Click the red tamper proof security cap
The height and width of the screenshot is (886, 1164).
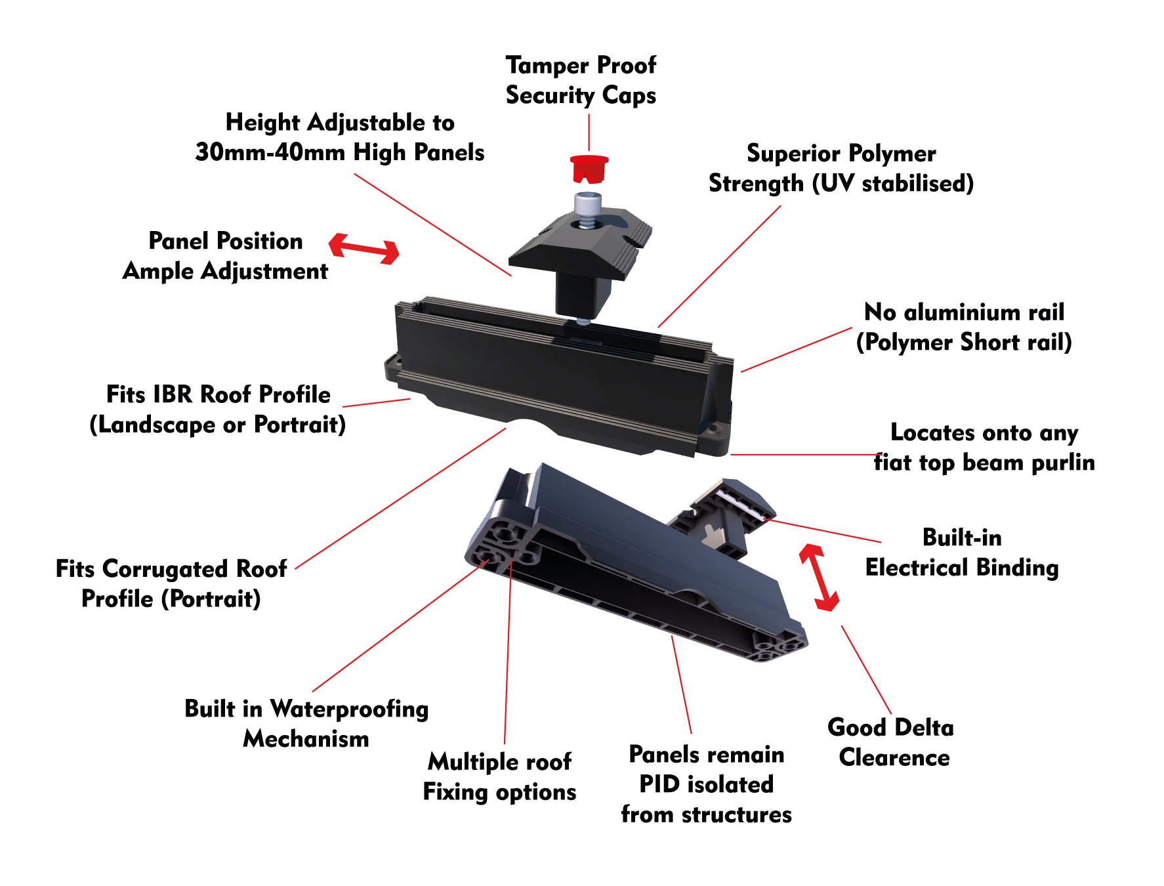click(x=589, y=169)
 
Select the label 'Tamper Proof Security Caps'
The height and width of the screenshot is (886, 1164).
click(x=581, y=80)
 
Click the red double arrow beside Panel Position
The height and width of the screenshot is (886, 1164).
click(x=364, y=249)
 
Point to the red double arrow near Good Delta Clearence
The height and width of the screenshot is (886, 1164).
click(x=819, y=578)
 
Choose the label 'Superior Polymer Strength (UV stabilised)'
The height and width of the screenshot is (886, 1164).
click(x=841, y=168)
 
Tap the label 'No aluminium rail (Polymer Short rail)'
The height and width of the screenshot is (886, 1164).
click(x=964, y=327)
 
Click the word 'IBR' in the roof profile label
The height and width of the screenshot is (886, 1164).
click(x=172, y=394)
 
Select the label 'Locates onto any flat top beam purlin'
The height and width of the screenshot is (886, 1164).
click(x=984, y=448)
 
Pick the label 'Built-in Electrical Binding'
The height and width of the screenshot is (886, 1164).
click(x=962, y=553)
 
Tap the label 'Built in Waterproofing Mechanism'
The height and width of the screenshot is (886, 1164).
click(x=306, y=724)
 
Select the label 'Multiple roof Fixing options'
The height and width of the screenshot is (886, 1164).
click(x=499, y=777)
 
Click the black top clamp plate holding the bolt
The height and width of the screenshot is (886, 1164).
click(x=581, y=243)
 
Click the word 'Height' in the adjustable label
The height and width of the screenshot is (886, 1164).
click(x=262, y=123)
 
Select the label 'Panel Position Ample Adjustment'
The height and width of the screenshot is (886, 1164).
click(x=226, y=256)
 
